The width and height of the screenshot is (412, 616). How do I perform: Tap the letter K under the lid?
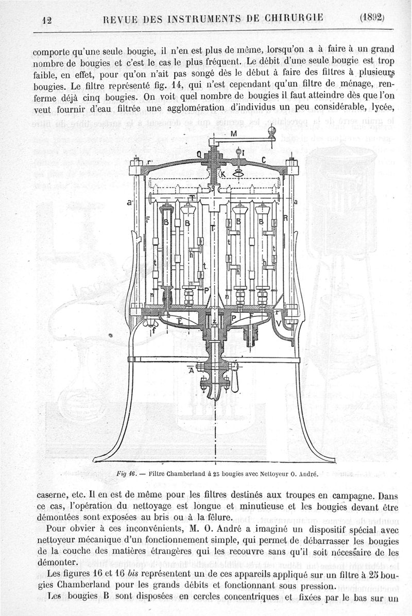222,175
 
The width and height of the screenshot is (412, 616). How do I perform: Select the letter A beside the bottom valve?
192,369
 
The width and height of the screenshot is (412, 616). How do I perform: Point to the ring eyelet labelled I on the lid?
238,152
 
